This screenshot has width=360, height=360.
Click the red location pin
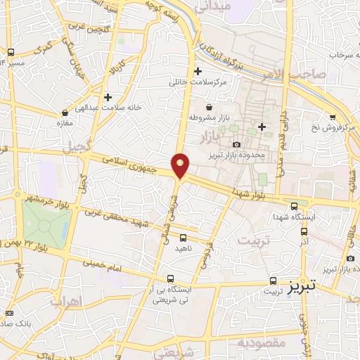(181, 165)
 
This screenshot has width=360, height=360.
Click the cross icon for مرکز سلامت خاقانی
(198, 71)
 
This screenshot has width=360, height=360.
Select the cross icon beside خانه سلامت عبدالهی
(107, 97)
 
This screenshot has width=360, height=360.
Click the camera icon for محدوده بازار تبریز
(237, 144)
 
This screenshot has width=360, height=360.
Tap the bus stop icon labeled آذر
(304, 231)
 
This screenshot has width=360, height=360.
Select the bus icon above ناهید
(184, 237)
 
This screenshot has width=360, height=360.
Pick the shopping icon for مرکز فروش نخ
(332, 117)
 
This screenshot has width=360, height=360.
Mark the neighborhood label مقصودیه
(259, 342)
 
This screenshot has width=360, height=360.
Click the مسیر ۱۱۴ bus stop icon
(11, 52)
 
